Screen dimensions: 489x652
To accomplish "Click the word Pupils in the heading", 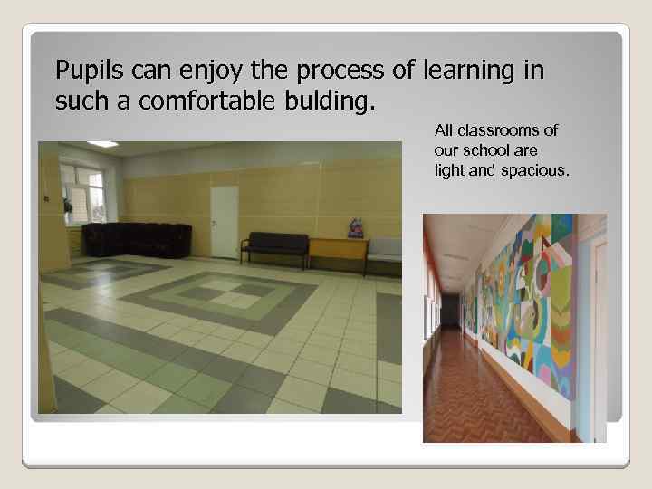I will pos(84,70).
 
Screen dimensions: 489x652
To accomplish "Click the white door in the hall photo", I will pos(224,221).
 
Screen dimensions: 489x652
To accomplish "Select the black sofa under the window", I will pos(136,240).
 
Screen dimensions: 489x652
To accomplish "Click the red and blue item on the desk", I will pos(355,227).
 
